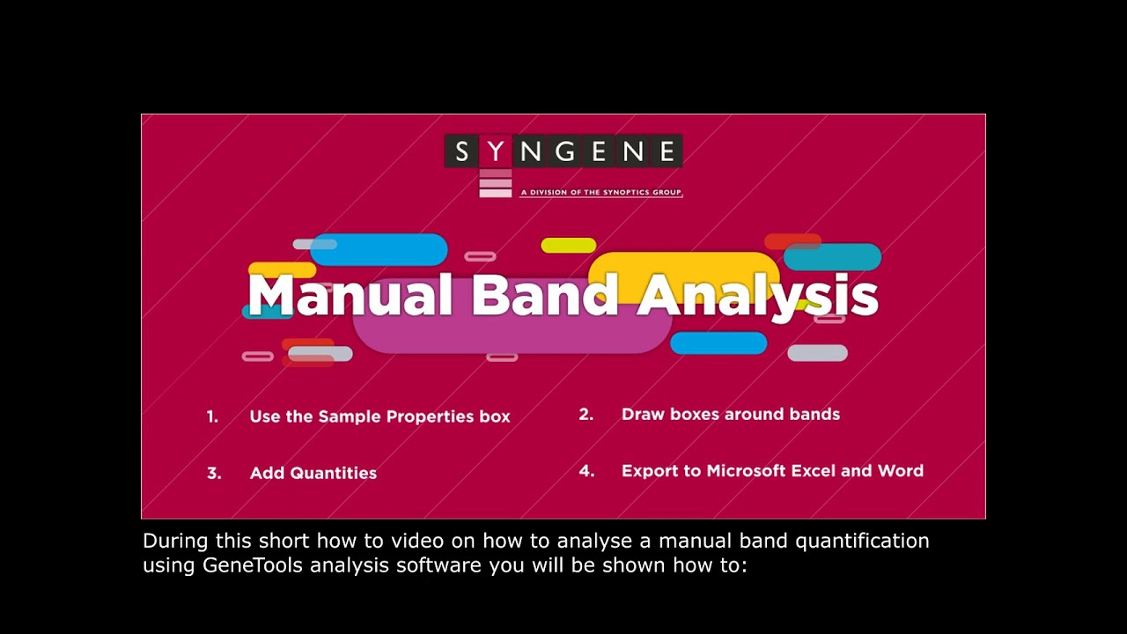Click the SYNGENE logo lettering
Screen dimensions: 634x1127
point(563,151)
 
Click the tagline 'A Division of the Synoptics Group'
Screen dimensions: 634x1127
point(601,191)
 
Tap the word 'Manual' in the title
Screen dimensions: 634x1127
point(350,296)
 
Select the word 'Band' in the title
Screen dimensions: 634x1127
point(545,296)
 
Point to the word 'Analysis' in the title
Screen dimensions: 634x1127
point(757,296)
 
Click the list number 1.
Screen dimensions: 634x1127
point(212,417)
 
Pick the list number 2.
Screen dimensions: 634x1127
point(586,414)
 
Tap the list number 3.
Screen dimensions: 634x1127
point(214,473)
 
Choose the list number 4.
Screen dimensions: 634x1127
point(586,471)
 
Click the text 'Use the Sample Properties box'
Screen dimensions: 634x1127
point(379,417)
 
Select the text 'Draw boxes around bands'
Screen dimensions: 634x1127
point(731,414)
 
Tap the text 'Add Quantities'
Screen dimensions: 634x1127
point(313,473)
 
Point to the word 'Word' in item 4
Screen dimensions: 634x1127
point(900,471)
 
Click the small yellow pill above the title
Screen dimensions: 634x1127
point(568,246)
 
